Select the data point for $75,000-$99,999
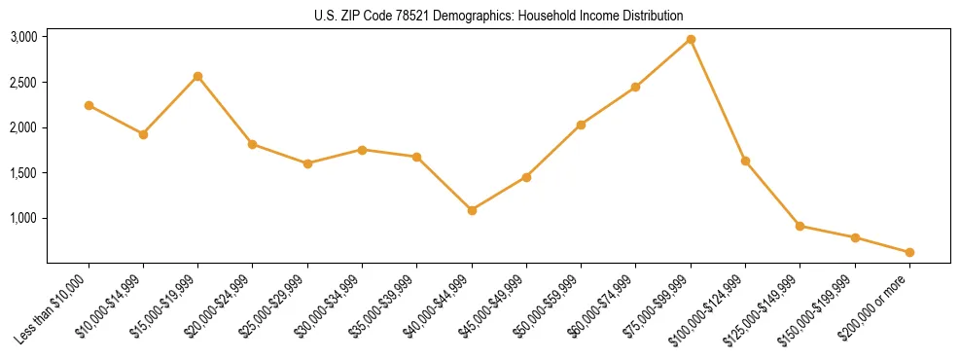pos(691,39)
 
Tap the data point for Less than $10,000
pos(89,105)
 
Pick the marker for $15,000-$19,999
pos(198,76)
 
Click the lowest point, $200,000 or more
pos(909,252)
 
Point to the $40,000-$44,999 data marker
pos(472,210)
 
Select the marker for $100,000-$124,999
pos(745,161)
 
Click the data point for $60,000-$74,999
pos(635,87)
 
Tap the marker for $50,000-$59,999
pos(581,125)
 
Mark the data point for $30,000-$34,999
pos(362,150)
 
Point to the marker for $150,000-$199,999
pos(855,237)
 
